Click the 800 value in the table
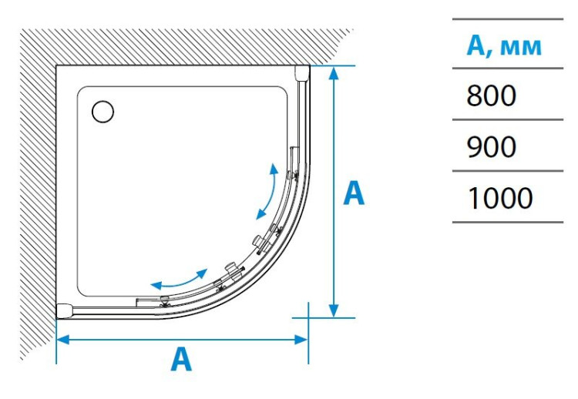[491, 96]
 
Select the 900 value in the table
[491, 146]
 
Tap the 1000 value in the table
[500, 198]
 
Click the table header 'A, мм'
[504, 45]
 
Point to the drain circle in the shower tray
[102, 112]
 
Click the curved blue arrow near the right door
[270, 192]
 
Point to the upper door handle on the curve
[259, 244]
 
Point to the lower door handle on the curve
[233, 269]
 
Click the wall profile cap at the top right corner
[302, 72]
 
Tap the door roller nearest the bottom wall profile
[164, 302]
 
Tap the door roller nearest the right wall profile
[295, 174]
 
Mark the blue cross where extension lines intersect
[308, 317]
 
